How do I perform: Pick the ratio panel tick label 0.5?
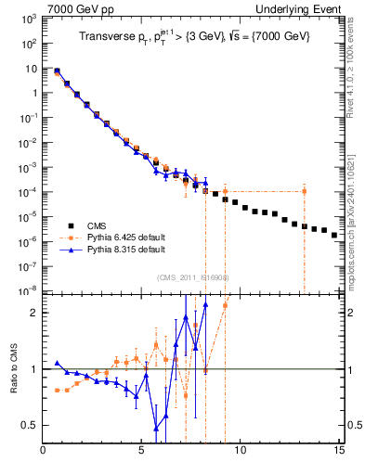click(x=29, y=425)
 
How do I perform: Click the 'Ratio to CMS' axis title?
click(x=14, y=369)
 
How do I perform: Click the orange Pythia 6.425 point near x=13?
click(x=304, y=191)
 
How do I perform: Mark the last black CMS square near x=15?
click(x=334, y=236)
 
